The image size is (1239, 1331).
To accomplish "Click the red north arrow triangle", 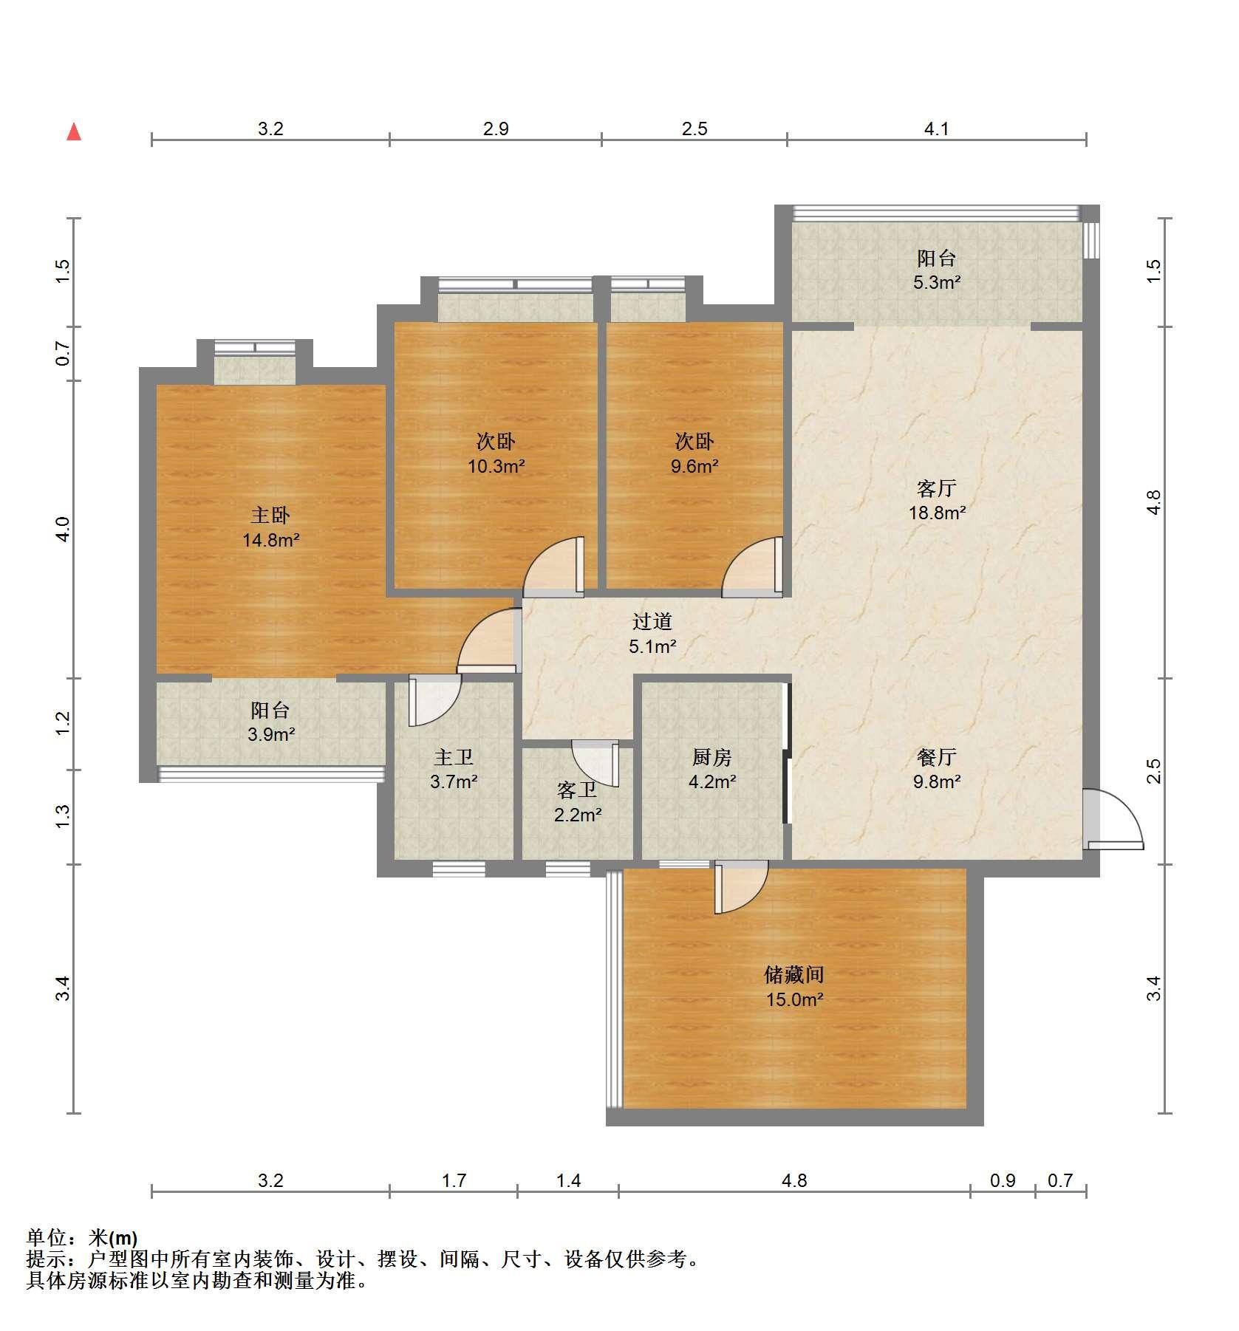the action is (x=74, y=132).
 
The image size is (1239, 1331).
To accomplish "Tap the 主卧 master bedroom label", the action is (x=270, y=515).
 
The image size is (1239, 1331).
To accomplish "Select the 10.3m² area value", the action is (x=496, y=466).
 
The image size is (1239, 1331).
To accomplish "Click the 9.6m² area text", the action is (x=694, y=466).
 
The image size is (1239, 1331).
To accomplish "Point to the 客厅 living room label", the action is (x=937, y=488).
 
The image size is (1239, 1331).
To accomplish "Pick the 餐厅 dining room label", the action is (x=937, y=757).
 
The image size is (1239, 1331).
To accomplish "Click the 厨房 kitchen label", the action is (x=712, y=757).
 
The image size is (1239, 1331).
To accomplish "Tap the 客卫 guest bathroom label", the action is (x=577, y=790).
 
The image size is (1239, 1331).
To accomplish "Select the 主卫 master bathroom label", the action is (x=454, y=757).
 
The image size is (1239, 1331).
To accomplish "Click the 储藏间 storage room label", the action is (x=793, y=975).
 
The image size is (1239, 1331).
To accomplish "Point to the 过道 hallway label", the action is (x=652, y=622).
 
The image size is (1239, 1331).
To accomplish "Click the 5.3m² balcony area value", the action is (x=937, y=281).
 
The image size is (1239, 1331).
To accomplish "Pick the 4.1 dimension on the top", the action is (x=936, y=129).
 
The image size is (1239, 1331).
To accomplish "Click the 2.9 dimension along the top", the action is (x=496, y=129).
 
